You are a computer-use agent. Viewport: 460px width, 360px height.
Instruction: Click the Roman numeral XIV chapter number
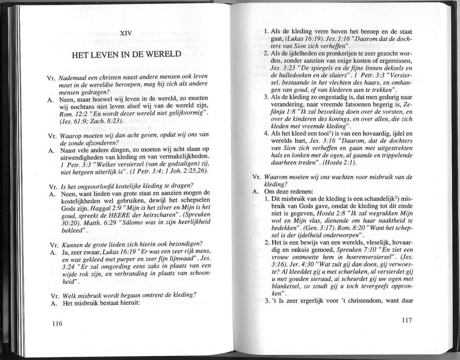point(127,34)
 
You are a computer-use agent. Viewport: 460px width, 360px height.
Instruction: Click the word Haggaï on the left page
point(101,209)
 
